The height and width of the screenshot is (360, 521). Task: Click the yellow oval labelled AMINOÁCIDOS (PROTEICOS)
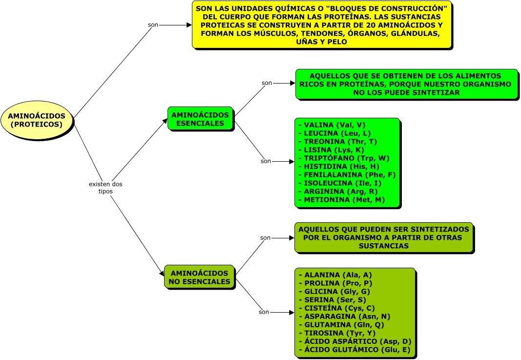coord(37,120)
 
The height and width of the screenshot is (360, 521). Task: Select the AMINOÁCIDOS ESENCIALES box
coord(200,119)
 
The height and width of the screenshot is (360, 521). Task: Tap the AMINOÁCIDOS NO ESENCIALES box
coord(199,277)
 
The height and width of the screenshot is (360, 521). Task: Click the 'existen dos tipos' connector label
coord(105,188)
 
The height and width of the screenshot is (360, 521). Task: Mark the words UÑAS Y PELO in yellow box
coord(322,42)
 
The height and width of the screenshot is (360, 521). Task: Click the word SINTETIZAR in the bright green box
coord(432,92)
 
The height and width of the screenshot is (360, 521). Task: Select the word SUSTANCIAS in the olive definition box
coord(383,246)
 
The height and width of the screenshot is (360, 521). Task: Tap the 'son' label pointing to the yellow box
coord(153,25)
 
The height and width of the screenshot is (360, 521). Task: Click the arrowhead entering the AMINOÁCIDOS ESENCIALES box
coord(165,121)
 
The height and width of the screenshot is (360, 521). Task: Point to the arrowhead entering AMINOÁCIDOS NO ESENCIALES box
coord(162,274)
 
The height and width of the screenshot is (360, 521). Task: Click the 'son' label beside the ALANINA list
coord(264,312)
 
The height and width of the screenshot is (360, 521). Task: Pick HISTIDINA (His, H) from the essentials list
coord(342,167)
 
